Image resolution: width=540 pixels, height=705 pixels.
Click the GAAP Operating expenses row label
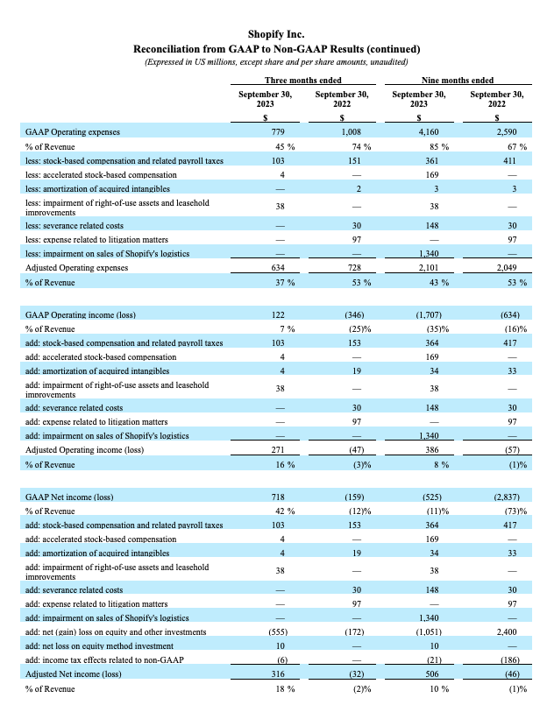tap(73, 132)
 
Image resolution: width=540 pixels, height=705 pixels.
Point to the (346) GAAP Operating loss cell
tap(337, 314)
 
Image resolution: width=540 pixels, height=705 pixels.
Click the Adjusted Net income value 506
tap(415, 674)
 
